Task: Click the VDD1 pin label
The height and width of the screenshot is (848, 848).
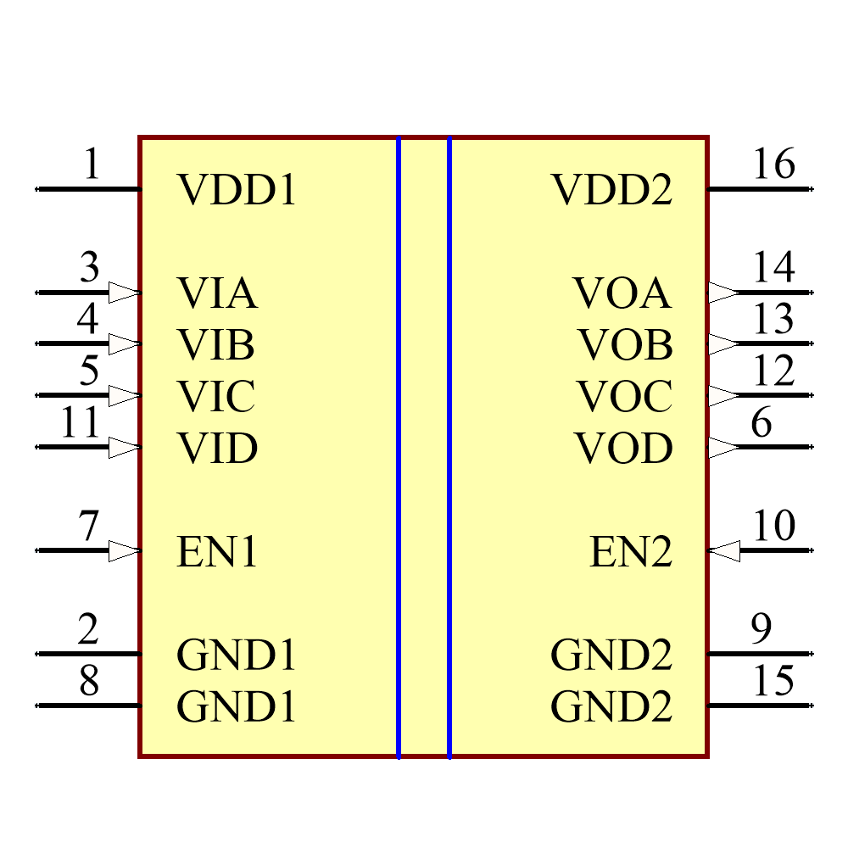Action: tap(237, 191)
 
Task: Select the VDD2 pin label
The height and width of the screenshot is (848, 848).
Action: tap(612, 191)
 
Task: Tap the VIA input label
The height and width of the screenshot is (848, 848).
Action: tap(217, 294)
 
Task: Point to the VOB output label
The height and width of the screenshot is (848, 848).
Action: tap(626, 345)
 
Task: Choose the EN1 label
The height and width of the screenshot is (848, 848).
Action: tap(217, 553)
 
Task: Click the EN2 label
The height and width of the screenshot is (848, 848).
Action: tap(631, 553)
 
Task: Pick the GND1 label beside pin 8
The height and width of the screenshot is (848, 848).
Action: tap(237, 707)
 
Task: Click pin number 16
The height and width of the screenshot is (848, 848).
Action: tap(773, 165)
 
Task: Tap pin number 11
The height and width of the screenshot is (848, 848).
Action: tap(81, 423)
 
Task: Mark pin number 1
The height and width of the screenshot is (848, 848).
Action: tap(92, 165)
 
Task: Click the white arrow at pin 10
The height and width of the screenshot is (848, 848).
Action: tap(724, 552)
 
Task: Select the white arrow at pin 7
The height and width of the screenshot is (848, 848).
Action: tap(124, 552)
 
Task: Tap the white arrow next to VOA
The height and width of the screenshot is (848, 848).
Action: tap(722, 293)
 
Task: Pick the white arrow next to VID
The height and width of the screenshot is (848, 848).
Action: tap(124, 448)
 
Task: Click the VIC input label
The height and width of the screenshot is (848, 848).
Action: tap(216, 397)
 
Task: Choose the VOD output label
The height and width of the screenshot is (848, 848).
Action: tap(623, 449)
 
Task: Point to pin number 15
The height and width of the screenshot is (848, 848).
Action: tap(773, 682)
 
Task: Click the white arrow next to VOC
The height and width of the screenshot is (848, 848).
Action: tap(722, 396)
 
